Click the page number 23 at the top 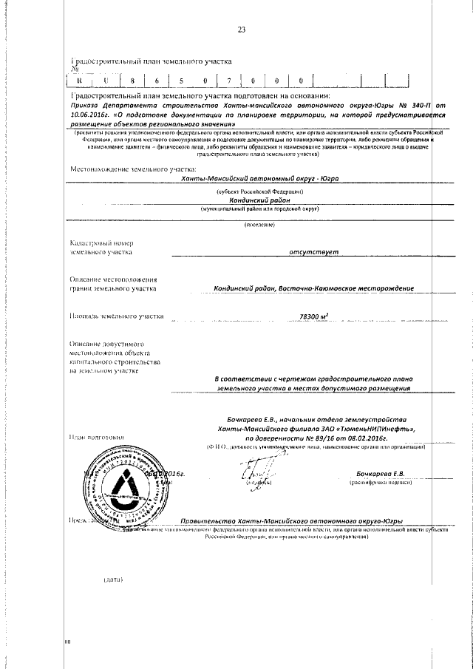point(241,30)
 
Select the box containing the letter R point(80,81)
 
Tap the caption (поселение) point(259,225)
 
